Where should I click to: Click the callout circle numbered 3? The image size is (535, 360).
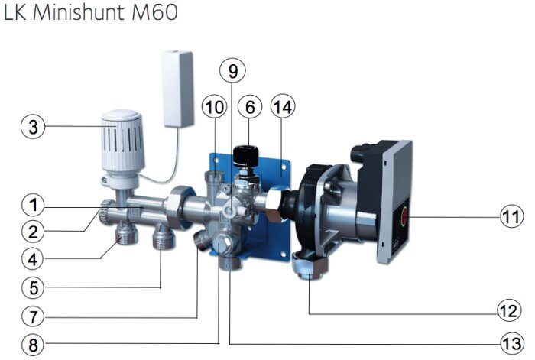click(x=33, y=126)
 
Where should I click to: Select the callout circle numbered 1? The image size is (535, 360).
click(x=33, y=205)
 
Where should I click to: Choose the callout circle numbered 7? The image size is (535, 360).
click(x=33, y=316)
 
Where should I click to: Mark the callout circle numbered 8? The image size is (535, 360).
click(x=33, y=345)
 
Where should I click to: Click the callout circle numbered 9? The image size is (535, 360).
click(x=232, y=70)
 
